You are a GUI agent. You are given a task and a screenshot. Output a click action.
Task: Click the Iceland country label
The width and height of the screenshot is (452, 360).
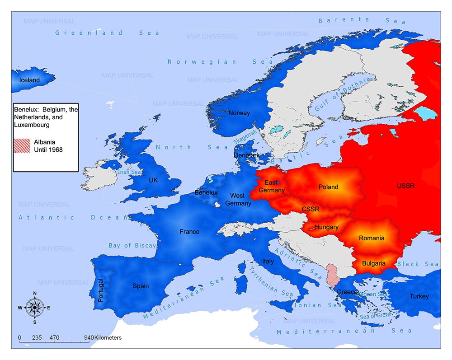(29, 80)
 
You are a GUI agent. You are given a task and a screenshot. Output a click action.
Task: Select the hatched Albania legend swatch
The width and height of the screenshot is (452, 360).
(23, 145)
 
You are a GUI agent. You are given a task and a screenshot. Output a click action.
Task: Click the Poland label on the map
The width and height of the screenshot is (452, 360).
(328, 187)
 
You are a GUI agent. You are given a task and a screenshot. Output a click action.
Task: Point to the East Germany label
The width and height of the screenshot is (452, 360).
(272, 186)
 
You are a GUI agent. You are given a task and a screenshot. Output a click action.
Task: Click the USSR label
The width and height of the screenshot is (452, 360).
(405, 186)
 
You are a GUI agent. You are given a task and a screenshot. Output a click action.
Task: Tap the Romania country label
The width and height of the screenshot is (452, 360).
(372, 238)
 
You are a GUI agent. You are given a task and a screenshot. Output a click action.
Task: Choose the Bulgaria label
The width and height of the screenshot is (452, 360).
(374, 263)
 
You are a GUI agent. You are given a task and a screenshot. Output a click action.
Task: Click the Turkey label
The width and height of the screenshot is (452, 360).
(419, 296)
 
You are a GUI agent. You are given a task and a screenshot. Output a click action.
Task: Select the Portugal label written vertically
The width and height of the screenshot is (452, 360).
(101, 290)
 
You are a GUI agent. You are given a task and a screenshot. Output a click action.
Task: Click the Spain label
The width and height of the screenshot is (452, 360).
(141, 285)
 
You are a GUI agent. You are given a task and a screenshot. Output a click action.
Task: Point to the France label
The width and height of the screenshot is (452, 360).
(189, 231)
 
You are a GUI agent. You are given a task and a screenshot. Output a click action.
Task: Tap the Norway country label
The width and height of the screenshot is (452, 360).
(239, 112)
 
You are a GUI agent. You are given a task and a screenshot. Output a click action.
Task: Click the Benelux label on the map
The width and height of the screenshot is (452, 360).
(206, 192)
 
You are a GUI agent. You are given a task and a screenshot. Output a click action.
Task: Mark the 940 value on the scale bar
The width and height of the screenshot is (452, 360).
(89, 337)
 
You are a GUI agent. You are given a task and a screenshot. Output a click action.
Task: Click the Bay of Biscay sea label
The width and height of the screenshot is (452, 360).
(132, 245)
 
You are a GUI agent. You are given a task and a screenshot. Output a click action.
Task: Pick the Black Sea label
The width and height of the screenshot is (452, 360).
(418, 264)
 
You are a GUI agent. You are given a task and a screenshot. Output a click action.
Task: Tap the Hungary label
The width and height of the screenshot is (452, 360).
(326, 227)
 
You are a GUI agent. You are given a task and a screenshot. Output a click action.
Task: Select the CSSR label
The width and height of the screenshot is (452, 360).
(310, 209)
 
